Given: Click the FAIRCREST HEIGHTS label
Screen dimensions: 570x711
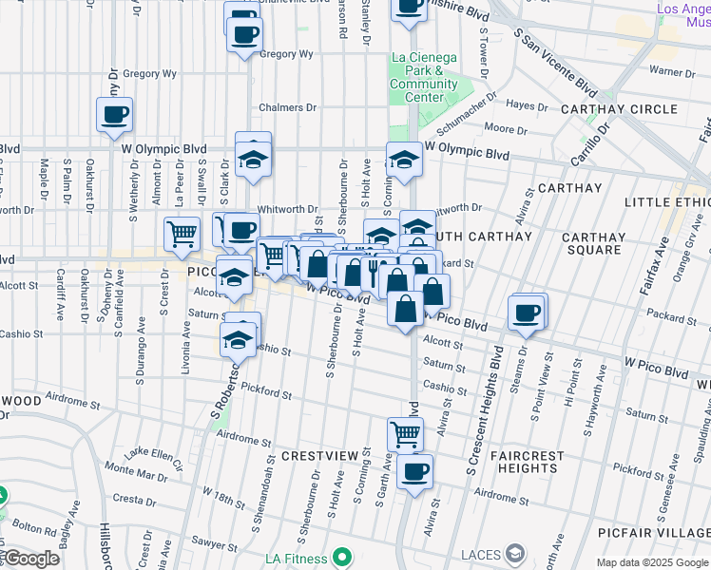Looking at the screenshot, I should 528,462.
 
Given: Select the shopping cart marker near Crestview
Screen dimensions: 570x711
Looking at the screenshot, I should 406,433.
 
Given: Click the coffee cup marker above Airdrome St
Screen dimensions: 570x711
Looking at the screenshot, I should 413,470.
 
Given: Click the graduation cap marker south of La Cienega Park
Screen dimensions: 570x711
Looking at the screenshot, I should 403,159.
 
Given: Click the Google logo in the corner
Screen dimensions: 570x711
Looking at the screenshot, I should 30,560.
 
